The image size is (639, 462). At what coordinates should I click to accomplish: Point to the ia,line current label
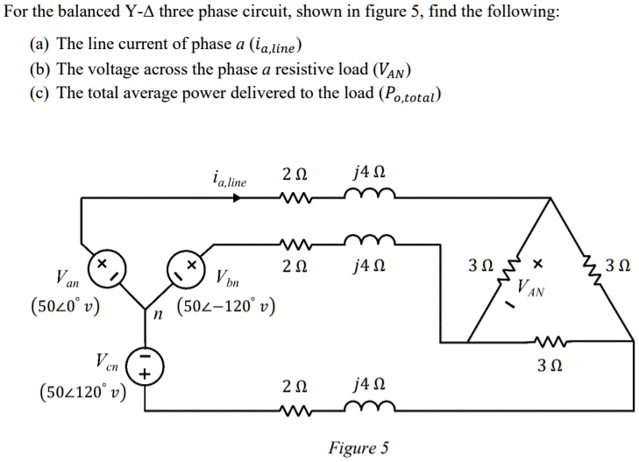coord(229,181)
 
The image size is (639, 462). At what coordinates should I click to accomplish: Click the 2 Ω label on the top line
coord(295,173)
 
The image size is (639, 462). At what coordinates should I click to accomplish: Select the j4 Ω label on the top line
coord(360,173)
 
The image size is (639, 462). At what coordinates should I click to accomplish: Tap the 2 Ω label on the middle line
coord(295,264)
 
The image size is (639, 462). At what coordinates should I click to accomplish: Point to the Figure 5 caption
coord(358,448)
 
